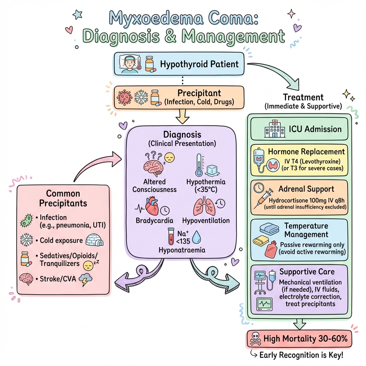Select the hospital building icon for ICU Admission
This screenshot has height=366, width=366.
pyautogui.click(x=273, y=129)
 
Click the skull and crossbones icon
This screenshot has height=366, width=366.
pyautogui.click(x=256, y=339)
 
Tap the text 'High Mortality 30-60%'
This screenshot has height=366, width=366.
pyautogui.click(x=305, y=338)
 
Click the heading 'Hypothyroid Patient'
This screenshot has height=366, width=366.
pyautogui.click(x=199, y=64)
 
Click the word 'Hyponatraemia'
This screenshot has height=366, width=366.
pyautogui.click(x=182, y=250)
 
